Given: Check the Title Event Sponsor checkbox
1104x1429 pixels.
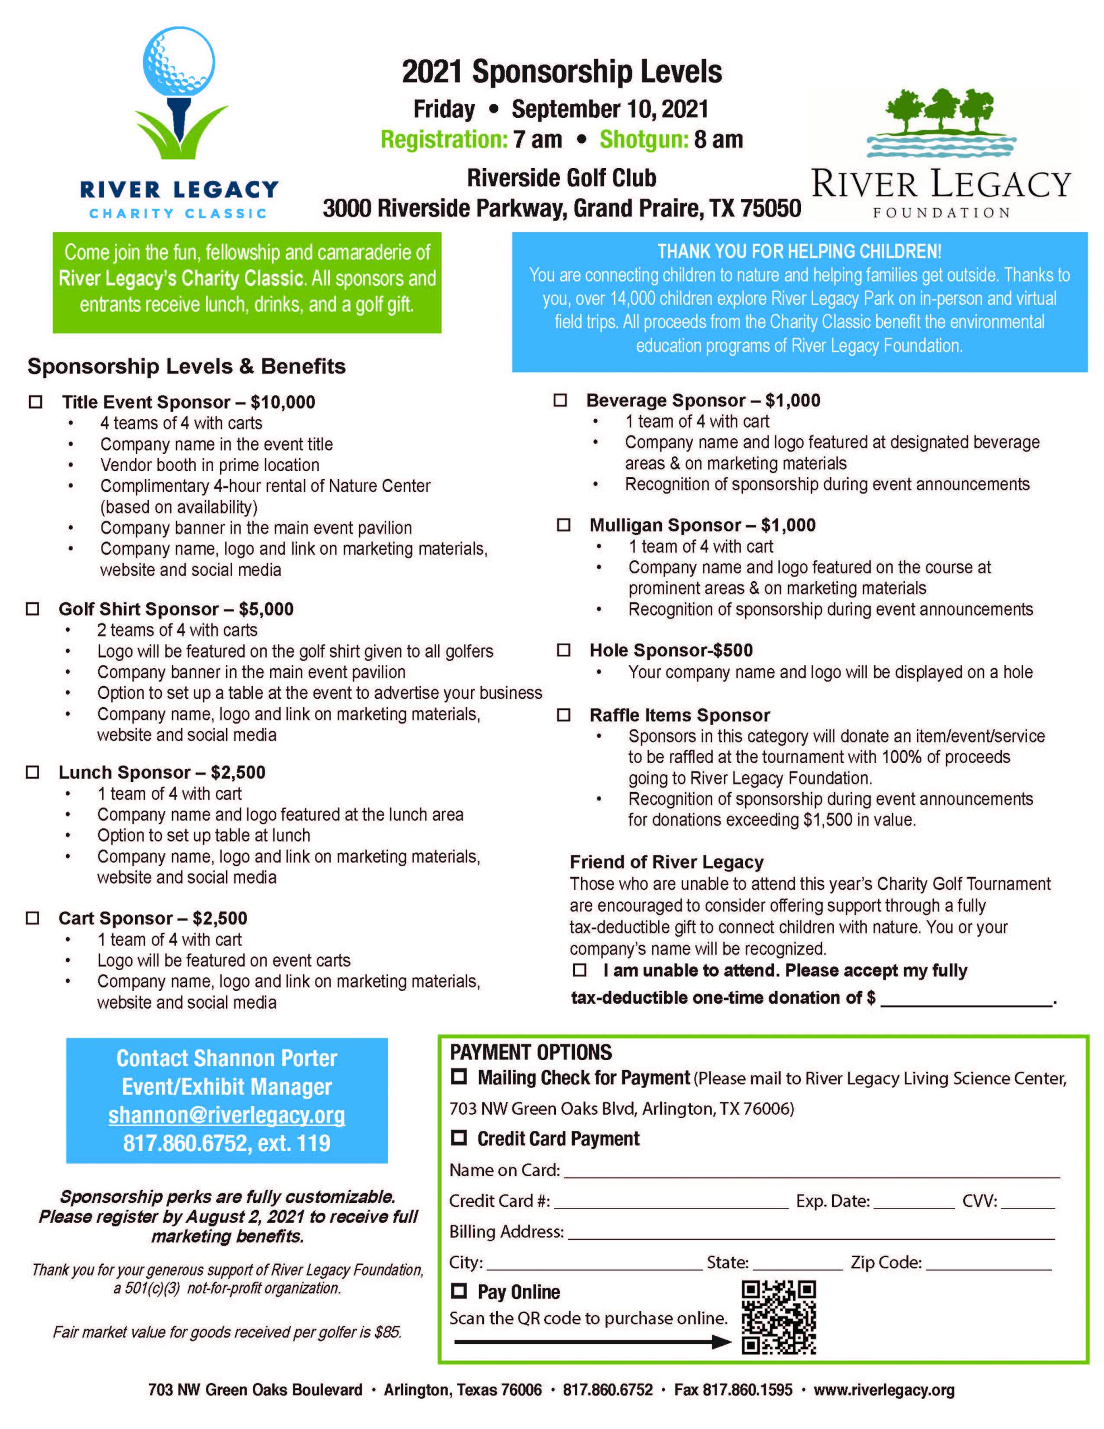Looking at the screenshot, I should [x=35, y=402].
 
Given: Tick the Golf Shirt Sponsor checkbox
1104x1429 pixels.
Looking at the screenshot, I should [x=32, y=608].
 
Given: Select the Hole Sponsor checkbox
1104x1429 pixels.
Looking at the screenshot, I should [x=563, y=650].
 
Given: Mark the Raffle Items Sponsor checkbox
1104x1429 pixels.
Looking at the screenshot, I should [x=563, y=714].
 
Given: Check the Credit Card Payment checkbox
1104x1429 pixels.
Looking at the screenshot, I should [x=459, y=1138].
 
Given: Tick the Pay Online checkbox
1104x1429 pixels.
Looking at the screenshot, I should [x=459, y=1291].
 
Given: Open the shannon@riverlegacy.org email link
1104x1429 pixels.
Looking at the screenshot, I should [x=227, y=1115].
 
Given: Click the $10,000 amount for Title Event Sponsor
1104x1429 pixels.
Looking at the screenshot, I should [x=283, y=402].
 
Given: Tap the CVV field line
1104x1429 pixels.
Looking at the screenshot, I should [x=1028, y=1206].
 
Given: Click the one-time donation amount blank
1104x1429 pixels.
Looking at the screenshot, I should [x=965, y=1004].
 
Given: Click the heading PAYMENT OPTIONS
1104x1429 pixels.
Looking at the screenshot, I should [x=531, y=1052].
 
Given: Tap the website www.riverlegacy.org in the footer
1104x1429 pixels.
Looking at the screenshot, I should [x=884, y=1390].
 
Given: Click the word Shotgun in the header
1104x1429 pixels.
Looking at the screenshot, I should [x=644, y=140].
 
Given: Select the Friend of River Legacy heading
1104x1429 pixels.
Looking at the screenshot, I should [x=666, y=862].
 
